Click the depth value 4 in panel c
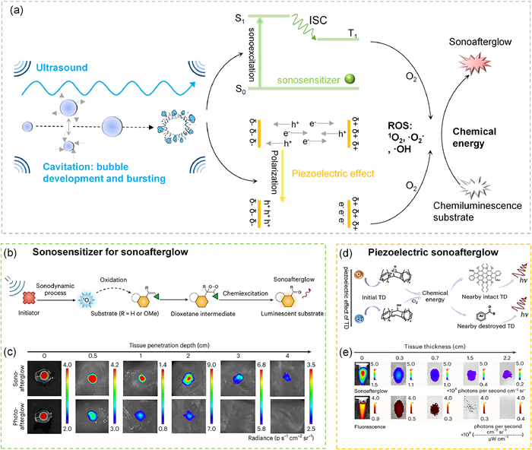click(307, 353)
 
